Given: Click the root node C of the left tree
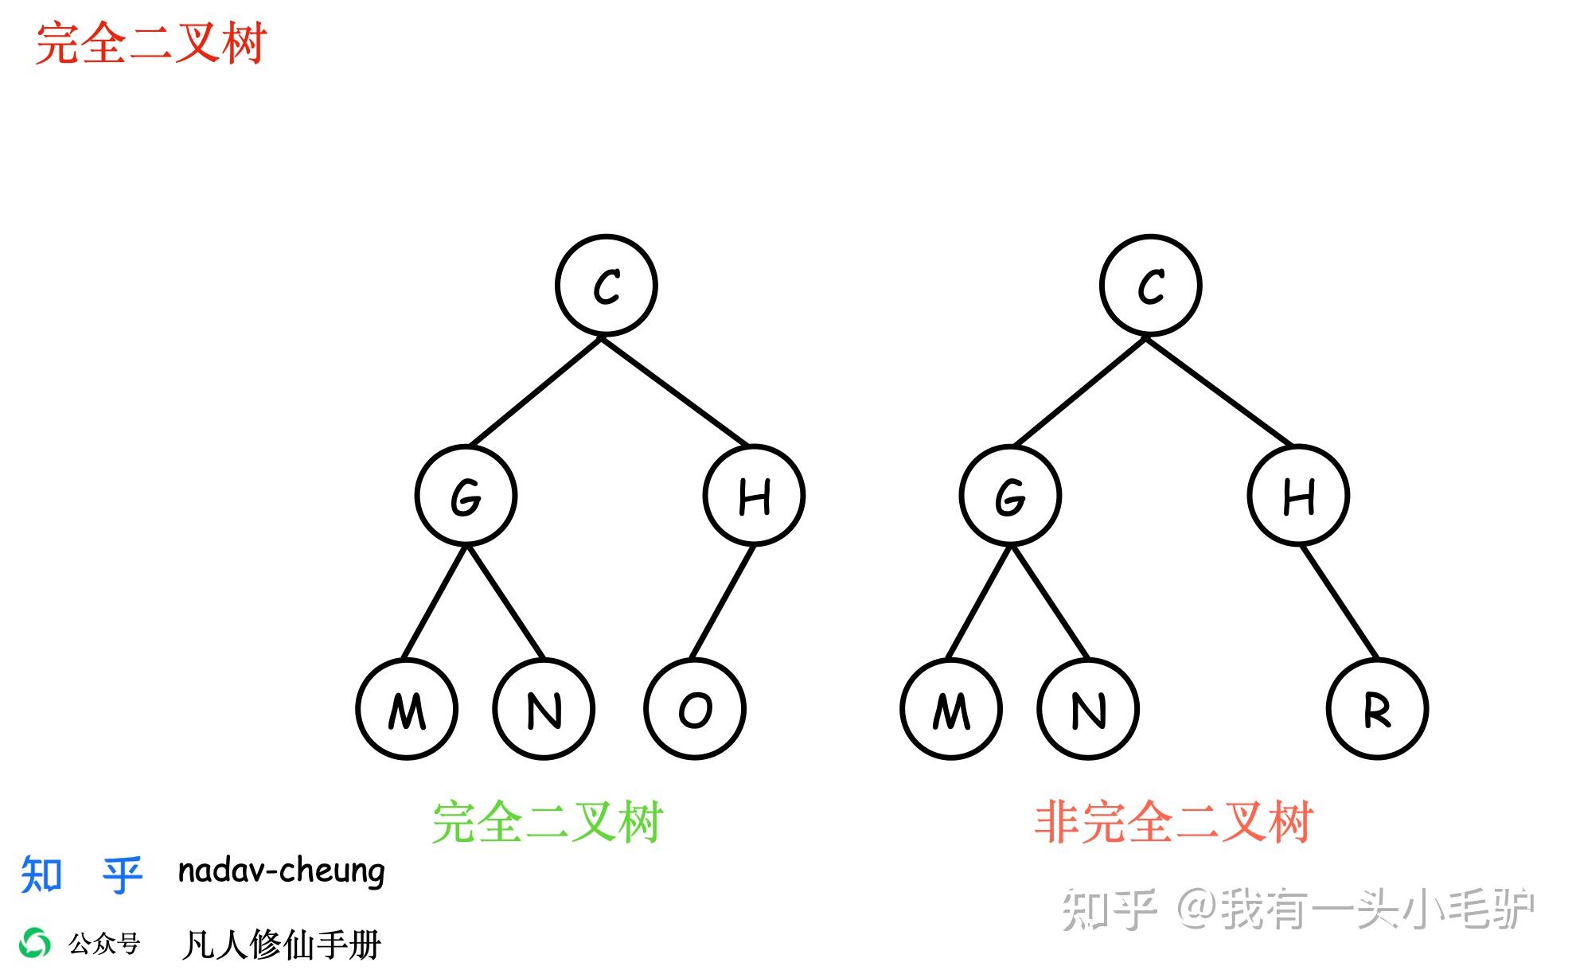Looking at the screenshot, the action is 607,286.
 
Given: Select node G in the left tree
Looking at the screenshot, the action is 466,496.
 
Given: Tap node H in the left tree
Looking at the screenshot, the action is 754,496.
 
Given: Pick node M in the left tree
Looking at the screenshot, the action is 407,709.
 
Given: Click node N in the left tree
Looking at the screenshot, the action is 544,709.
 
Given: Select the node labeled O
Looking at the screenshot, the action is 695,709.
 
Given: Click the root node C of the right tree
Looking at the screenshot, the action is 1151,286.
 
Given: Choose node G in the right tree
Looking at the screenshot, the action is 1010,496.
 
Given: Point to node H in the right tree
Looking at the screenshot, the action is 1298,496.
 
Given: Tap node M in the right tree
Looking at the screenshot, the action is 951,709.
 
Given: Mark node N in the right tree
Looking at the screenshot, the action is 1088,709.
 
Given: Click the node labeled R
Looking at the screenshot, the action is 1378,709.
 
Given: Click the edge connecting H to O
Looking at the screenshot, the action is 723,602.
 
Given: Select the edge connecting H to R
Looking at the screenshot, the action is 1340,602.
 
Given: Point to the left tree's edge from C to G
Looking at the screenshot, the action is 536,392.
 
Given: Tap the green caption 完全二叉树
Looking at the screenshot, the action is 548,822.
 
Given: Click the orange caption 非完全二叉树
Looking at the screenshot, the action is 1173,822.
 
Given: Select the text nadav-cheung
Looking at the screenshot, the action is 281,871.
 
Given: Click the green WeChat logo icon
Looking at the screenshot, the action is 35,944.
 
